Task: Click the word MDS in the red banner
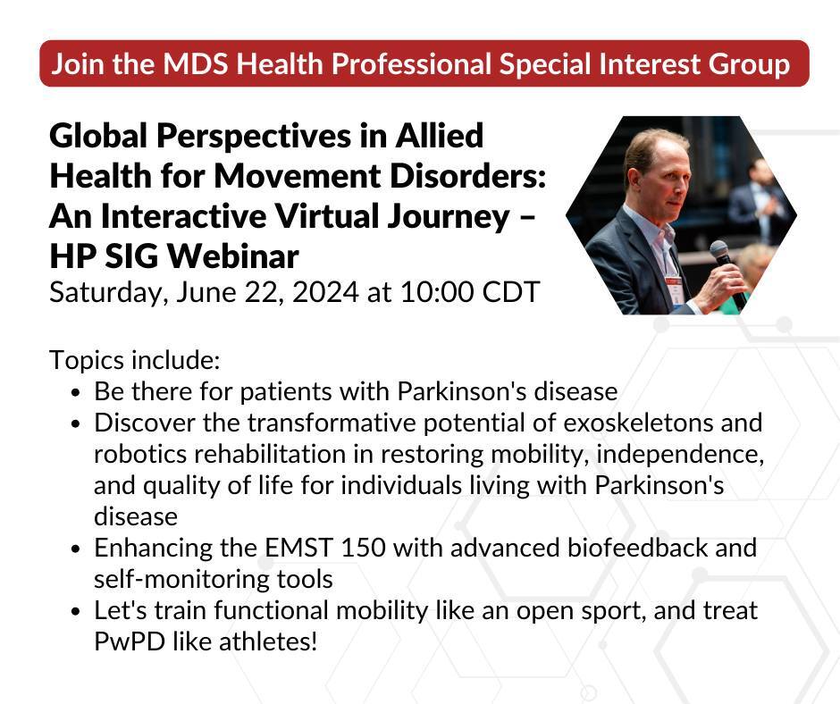point(197,63)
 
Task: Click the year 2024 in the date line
point(325,292)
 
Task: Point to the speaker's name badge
point(674,288)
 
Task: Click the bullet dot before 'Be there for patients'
point(76,393)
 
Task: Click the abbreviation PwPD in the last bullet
point(129,641)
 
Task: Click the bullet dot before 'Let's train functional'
point(76,611)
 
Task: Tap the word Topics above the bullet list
point(87,361)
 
